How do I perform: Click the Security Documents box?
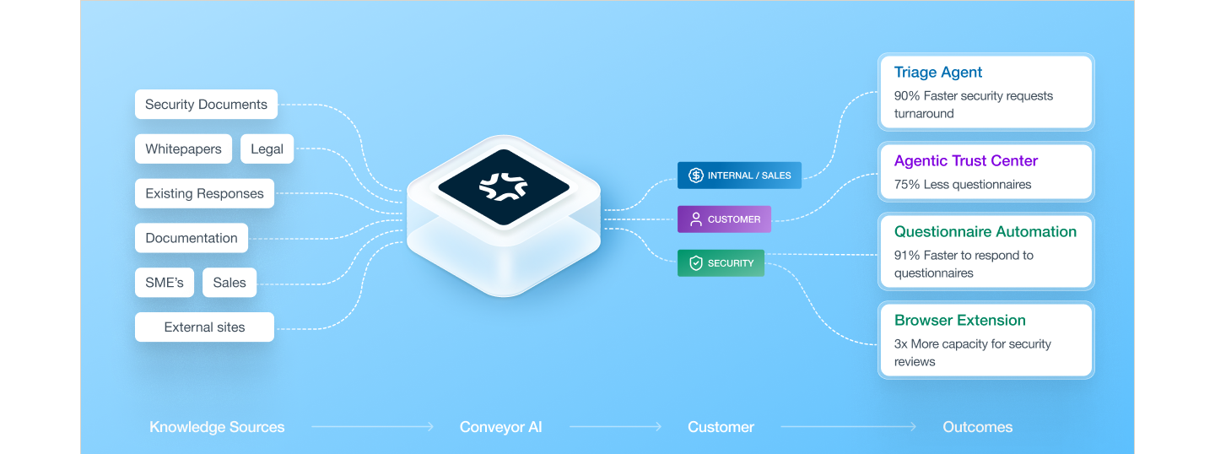point(206,104)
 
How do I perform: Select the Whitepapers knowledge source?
point(183,149)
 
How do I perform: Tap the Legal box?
point(267,149)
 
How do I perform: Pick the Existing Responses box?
point(204,193)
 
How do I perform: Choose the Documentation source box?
point(192,238)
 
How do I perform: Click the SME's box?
point(165,282)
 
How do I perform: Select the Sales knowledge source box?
point(229,282)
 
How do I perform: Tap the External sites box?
point(204,327)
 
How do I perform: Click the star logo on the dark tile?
point(504,186)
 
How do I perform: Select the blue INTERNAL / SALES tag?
point(739,176)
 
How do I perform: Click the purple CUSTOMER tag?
point(724,219)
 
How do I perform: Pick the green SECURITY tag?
point(721,263)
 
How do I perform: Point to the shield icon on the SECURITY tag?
point(696,263)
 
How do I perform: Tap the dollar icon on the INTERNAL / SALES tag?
point(696,176)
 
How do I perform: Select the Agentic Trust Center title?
point(965,160)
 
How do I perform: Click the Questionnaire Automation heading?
point(985,231)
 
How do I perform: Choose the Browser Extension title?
point(959,320)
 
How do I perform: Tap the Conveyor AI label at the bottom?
point(500,427)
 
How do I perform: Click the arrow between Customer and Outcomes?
point(848,427)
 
